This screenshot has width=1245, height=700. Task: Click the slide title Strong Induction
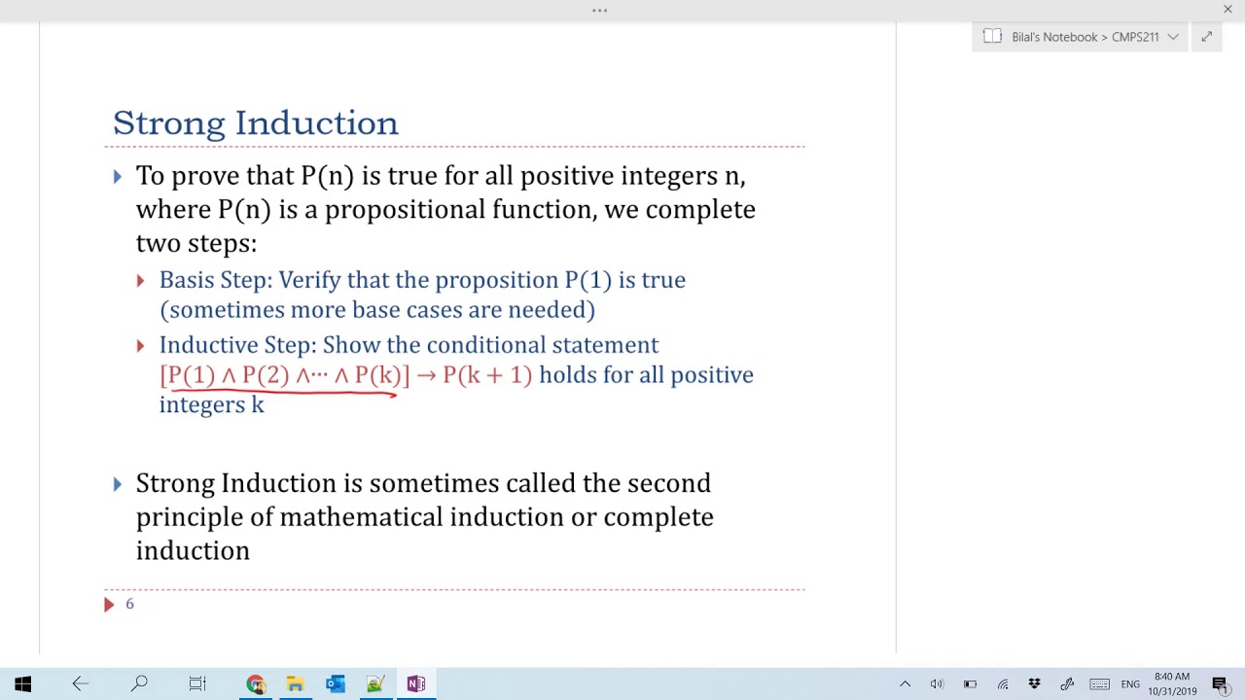255,123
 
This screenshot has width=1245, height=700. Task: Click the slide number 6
129,604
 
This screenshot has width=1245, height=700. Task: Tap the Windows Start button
23,684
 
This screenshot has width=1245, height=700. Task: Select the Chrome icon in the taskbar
255,684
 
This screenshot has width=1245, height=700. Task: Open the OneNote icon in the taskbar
415,684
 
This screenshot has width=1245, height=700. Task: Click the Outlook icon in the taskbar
336,684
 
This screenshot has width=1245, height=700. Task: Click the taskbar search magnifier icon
139,684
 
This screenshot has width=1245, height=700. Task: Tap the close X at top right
1227,10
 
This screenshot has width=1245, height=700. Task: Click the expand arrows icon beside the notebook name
1206,37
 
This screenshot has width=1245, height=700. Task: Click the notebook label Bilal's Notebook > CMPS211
1085,37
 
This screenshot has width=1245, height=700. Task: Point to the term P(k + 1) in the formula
487,375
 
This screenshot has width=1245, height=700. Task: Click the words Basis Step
215,280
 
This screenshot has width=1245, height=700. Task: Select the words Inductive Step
237,345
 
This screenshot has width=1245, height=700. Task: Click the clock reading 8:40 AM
1172,677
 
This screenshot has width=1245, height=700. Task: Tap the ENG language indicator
1130,684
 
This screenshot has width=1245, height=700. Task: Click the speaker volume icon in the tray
937,684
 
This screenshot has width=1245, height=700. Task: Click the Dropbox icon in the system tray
1035,684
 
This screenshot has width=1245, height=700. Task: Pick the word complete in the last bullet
658,517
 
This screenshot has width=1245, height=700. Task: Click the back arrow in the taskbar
81,684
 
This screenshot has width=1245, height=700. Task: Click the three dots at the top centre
599,11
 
